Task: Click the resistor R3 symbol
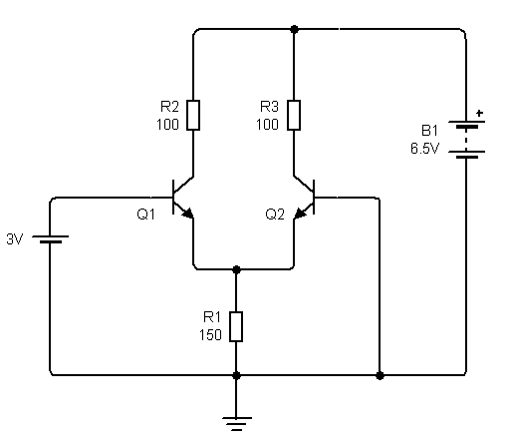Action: pyautogui.click(x=294, y=115)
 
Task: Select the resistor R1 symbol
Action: pyautogui.click(x=236, y=326)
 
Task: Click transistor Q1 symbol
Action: pyautogui.click(x=182, y=197)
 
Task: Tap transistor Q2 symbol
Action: pyautogui.click(x=305, y=197)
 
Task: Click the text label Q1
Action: pyautogui.click(x=145, y=213)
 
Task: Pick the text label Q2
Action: pyautogui.click(x=275, y=213)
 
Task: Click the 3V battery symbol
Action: pyautogui.click(x=50, y=239)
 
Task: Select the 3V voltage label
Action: pyautogui.click(x=15, y=239)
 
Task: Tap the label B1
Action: pyautogui.click(x=429, y=129)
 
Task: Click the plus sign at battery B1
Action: pyautogui.click(x=480, y=114)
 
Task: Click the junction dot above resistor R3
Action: pyautogui.click(x=294, y=30)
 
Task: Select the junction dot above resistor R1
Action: pyautogui.click(x=236, y=268)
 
